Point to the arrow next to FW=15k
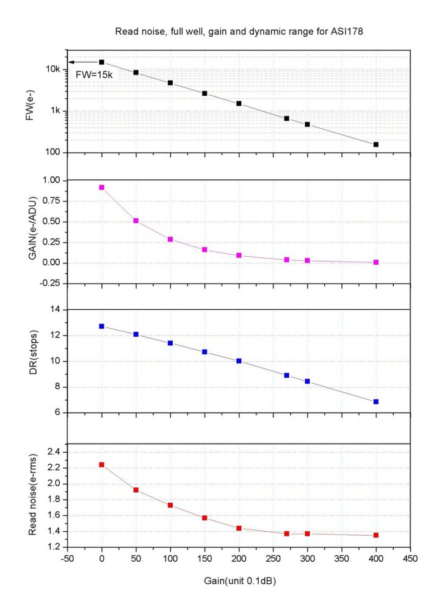click(82, 62)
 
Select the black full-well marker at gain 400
click(376, 145)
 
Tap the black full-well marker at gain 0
click(101, 62)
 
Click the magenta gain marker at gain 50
click(136, 221)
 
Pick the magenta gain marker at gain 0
click(101, 187)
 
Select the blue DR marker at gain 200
click(239, 361)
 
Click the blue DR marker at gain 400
click(376, 402)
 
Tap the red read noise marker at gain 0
click(101, 465)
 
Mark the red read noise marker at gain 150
click(205, 518)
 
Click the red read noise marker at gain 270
click(286, 534)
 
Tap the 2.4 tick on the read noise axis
click(54, 452)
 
